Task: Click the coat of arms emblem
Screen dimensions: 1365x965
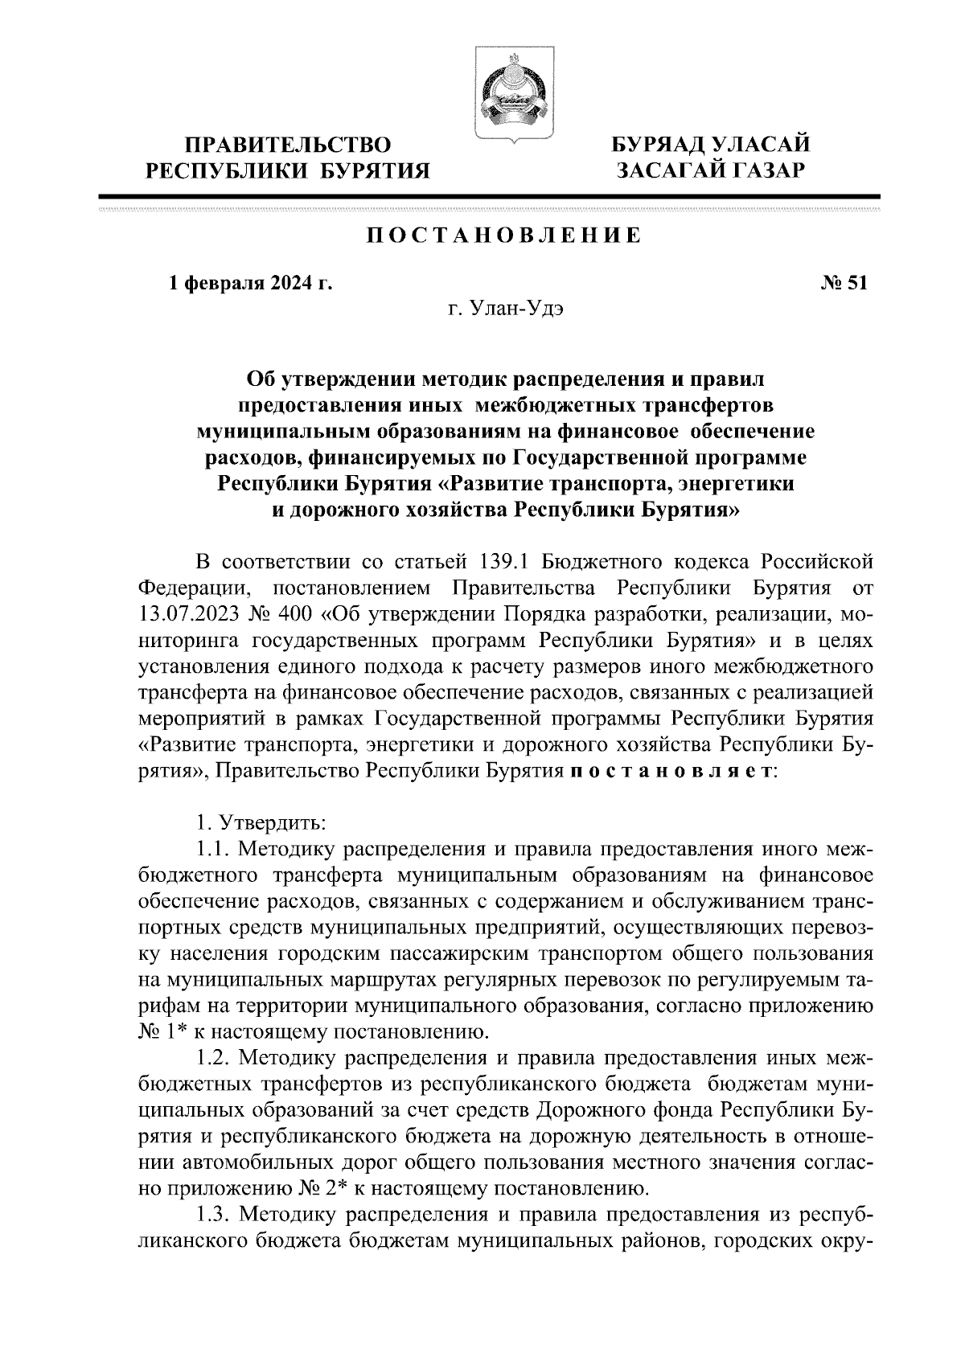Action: click(506, 96)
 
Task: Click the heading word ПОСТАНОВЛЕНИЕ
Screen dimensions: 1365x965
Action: click(504, 236)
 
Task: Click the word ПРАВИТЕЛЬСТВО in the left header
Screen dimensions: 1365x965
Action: click(287, 146)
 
